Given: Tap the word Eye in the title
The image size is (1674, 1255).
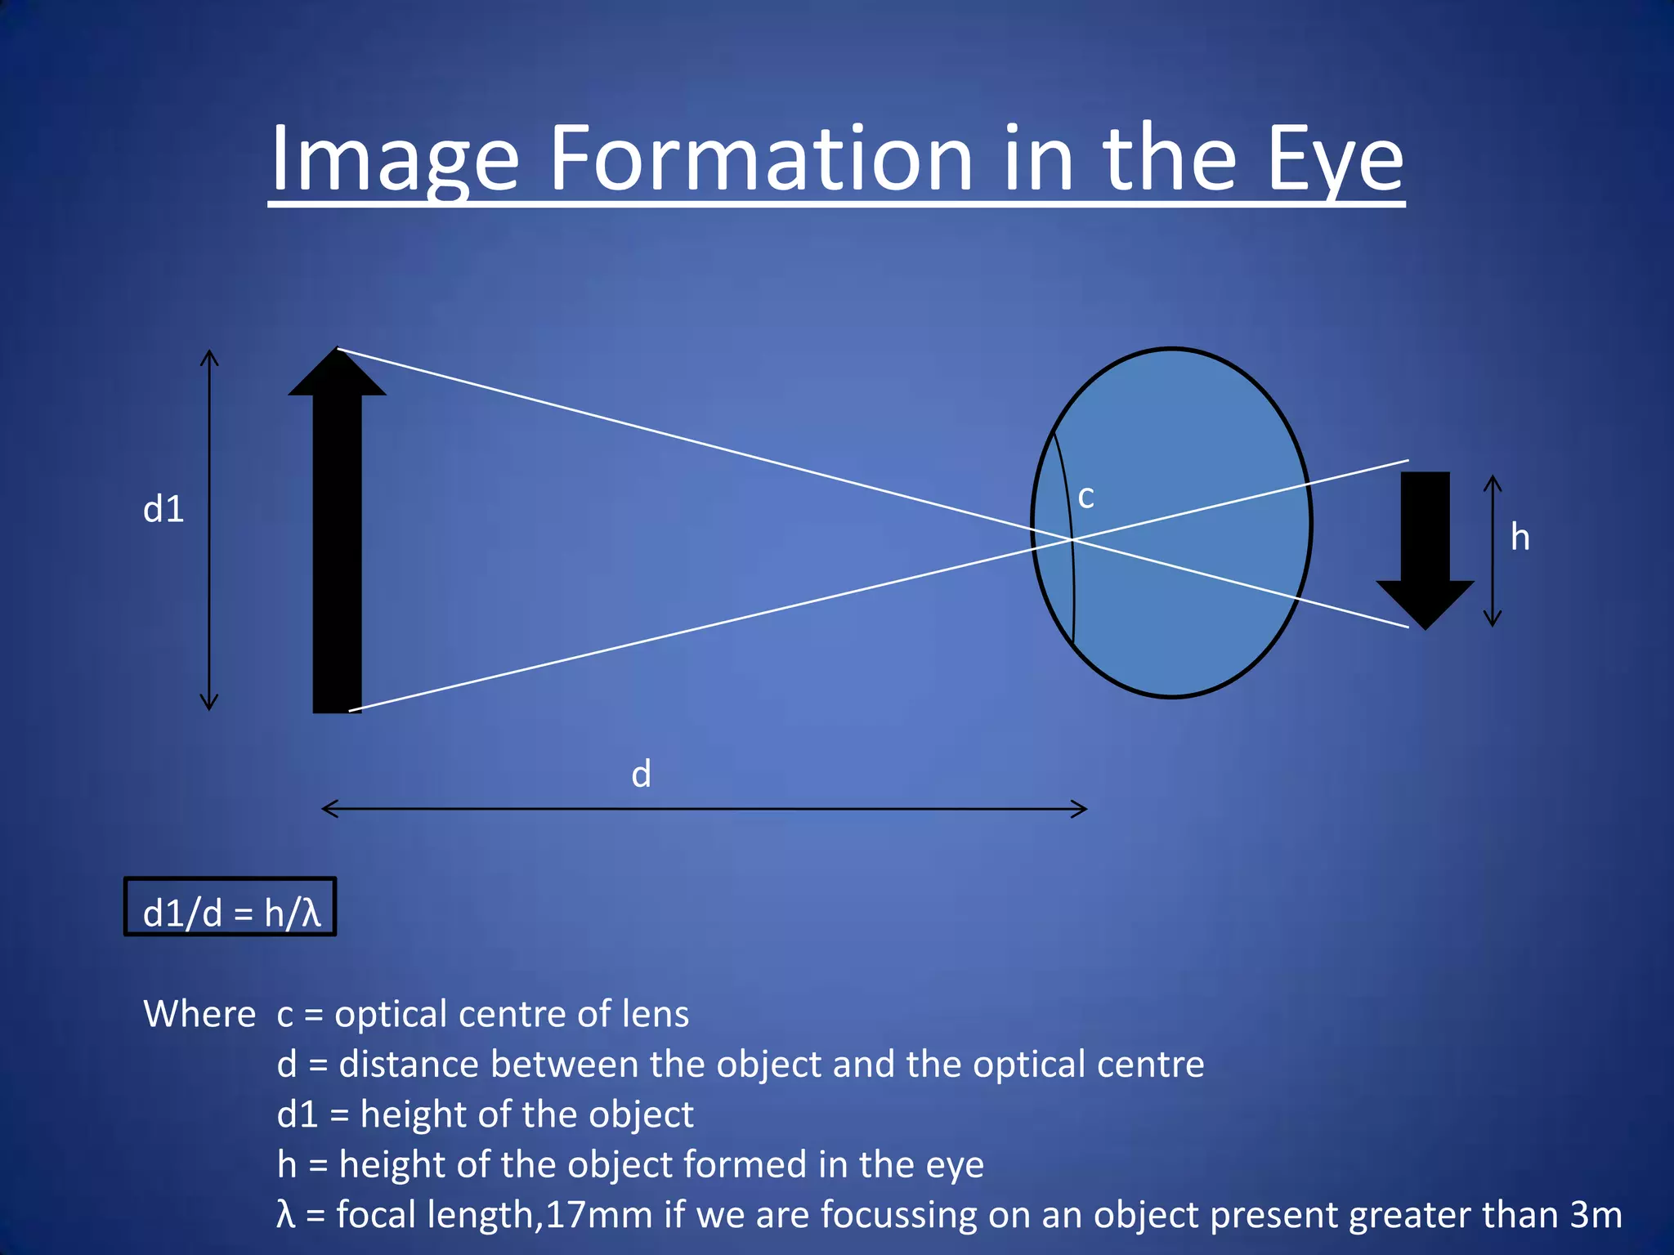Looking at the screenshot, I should pos(1334,160).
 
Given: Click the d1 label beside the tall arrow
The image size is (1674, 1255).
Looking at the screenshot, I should pos(163,509).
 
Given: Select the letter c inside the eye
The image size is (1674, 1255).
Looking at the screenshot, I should pos(1085,497).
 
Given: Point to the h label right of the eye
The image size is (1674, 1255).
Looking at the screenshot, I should pos(1520,537).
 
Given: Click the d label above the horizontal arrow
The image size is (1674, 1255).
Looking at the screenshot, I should pos(641,773).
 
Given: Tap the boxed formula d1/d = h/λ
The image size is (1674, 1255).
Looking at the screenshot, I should pos(231,911).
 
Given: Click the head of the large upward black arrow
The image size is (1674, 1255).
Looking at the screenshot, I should pos(337,374).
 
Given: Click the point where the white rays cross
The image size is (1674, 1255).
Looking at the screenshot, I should pos(1072,539).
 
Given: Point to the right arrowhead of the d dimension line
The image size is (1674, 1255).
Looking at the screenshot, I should pos(1081,809).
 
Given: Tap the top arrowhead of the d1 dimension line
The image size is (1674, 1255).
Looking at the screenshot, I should pos(209,356).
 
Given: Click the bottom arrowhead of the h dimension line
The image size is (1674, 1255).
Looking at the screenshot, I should pos(1493,620).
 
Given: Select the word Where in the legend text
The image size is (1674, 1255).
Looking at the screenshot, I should pos(199,1014).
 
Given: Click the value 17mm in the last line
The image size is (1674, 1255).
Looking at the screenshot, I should pos(598,1215).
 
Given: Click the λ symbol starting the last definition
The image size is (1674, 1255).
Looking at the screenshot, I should pos(285,1215).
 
